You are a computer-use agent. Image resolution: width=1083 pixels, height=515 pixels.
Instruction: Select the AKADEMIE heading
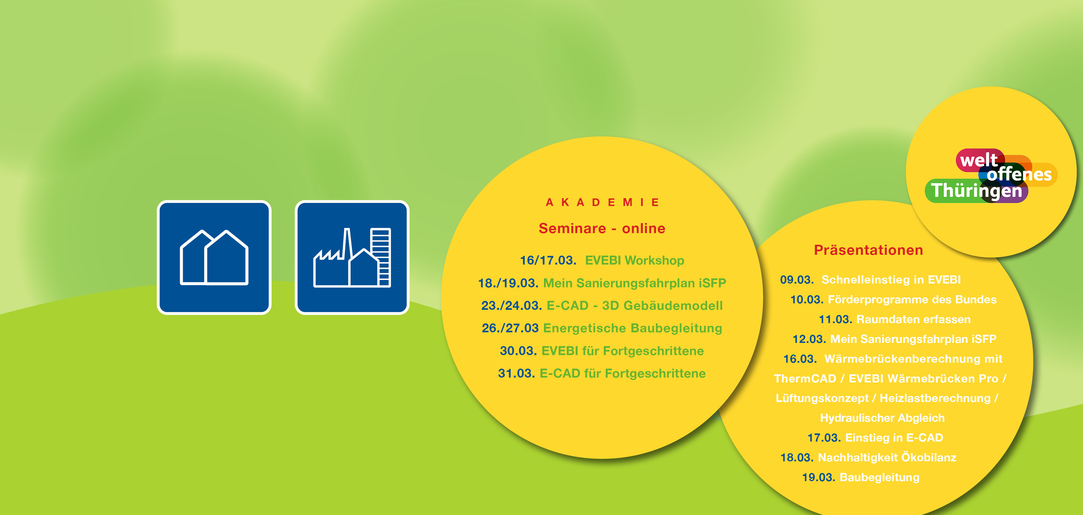click(602, 202)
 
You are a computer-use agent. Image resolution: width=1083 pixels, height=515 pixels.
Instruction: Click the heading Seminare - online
click(602, 228)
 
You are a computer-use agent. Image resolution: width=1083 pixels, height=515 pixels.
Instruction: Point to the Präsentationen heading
click(869, 250)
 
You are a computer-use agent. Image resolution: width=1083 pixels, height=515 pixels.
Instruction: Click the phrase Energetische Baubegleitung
click(633, 328)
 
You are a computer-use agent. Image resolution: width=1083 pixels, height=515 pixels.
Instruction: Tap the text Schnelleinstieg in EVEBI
click(891, 280)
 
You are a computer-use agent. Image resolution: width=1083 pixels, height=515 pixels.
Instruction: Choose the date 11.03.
click(835, 319)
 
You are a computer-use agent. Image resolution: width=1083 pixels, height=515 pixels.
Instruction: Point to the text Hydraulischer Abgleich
click(882, 418)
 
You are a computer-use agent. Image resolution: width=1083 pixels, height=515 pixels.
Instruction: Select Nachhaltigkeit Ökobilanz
click(887, 457)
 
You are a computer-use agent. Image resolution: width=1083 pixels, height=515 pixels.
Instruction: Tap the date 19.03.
click(818, 477)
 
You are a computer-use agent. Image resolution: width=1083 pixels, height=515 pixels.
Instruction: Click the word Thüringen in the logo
click(976, 191)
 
